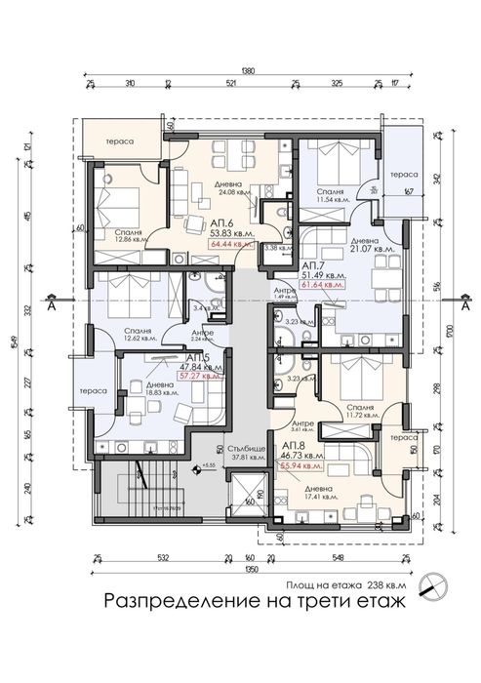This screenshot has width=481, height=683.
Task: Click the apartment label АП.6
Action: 208,222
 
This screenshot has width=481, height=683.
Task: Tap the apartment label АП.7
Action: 313,264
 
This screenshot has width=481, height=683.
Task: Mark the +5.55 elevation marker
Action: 207,467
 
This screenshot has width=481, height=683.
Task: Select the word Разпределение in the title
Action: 165,602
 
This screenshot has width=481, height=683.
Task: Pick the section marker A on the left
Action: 52,304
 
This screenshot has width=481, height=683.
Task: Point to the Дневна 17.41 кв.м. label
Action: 319,492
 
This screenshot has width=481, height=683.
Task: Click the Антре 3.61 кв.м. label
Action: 304,424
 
